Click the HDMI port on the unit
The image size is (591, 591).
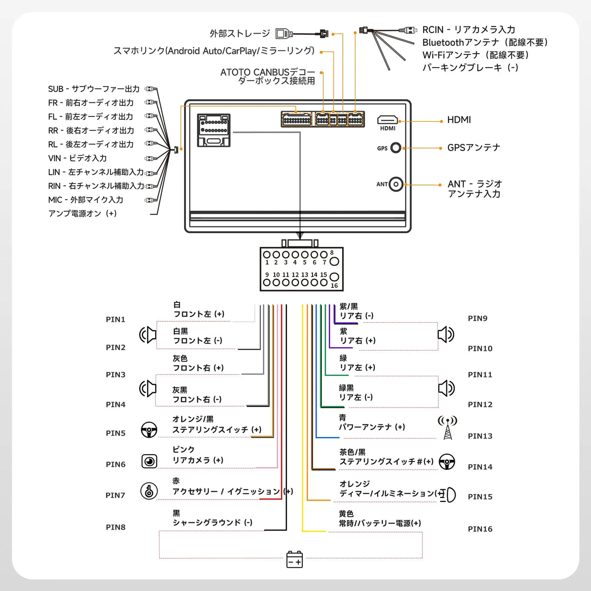tap(388, 120)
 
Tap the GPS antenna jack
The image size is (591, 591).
tap(396, 148)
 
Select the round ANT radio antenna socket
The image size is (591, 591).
tap(396, 184)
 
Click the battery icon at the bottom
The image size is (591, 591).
tap(295, 559)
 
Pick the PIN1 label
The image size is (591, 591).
tap(115, 319)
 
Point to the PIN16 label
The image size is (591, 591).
tap(480, 529)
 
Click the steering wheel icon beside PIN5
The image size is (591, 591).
tap(149, 430)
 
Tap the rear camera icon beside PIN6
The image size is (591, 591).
tap(149, 461)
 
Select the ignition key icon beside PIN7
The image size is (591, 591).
tap(149, 491)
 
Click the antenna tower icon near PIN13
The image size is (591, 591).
tap(447, 427)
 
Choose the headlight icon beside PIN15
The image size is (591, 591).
tap(449, 495)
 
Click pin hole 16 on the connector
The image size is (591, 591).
tap(334, 277)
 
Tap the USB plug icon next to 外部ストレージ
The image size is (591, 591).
tap(284, 34)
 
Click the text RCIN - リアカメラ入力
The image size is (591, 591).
tap(468, 30)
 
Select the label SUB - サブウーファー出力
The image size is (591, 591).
tap(93, 89)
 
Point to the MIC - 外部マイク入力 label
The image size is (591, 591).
tap(85, 200)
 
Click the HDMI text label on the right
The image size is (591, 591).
tap(459, 120)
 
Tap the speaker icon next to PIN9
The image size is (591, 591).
tap(445, 334)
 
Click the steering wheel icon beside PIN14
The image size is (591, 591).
tap(447, 462)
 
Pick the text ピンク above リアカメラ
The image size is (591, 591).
tap(183, 449)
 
